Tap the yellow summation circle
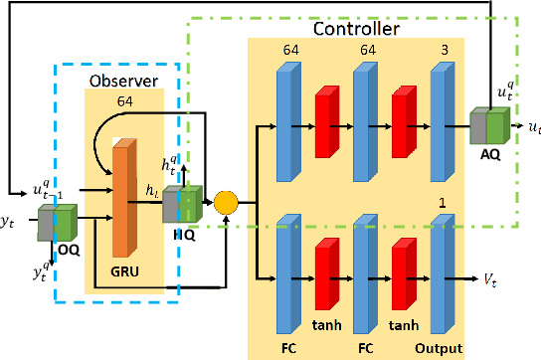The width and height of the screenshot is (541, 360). pyautogui.click(x=228, y=204)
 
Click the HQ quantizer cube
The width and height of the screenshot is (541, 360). pyautogui.click(x=182, y=204)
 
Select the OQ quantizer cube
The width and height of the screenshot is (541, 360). pyautogui.click(x=57, y=223)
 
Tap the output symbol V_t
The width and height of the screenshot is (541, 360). pyautogui.click(x=491, y=281)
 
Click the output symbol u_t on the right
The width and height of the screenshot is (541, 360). pyautogui.click(x=534, y=127)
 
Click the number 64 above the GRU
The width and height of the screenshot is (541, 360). pyautogui.click(x=124, y=100)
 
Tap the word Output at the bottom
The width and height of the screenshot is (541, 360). pyautogui.click(x=440, y=348)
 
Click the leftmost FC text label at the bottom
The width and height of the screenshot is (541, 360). pyautogui.click(x=290, y=348)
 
